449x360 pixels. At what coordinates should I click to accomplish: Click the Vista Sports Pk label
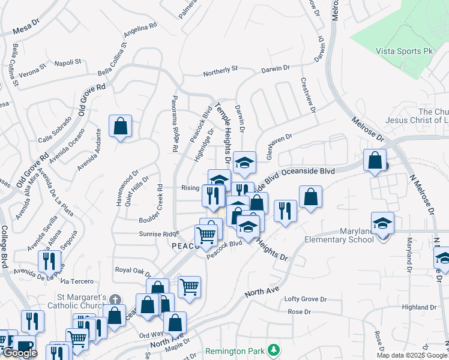coord(404,52)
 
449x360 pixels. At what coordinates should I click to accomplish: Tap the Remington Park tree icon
coord(274,349)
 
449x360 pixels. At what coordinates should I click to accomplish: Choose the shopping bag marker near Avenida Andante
coord(121,127)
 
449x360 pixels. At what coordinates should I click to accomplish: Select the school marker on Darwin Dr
coord(244,162)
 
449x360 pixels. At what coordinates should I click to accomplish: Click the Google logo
coord(20,353)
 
